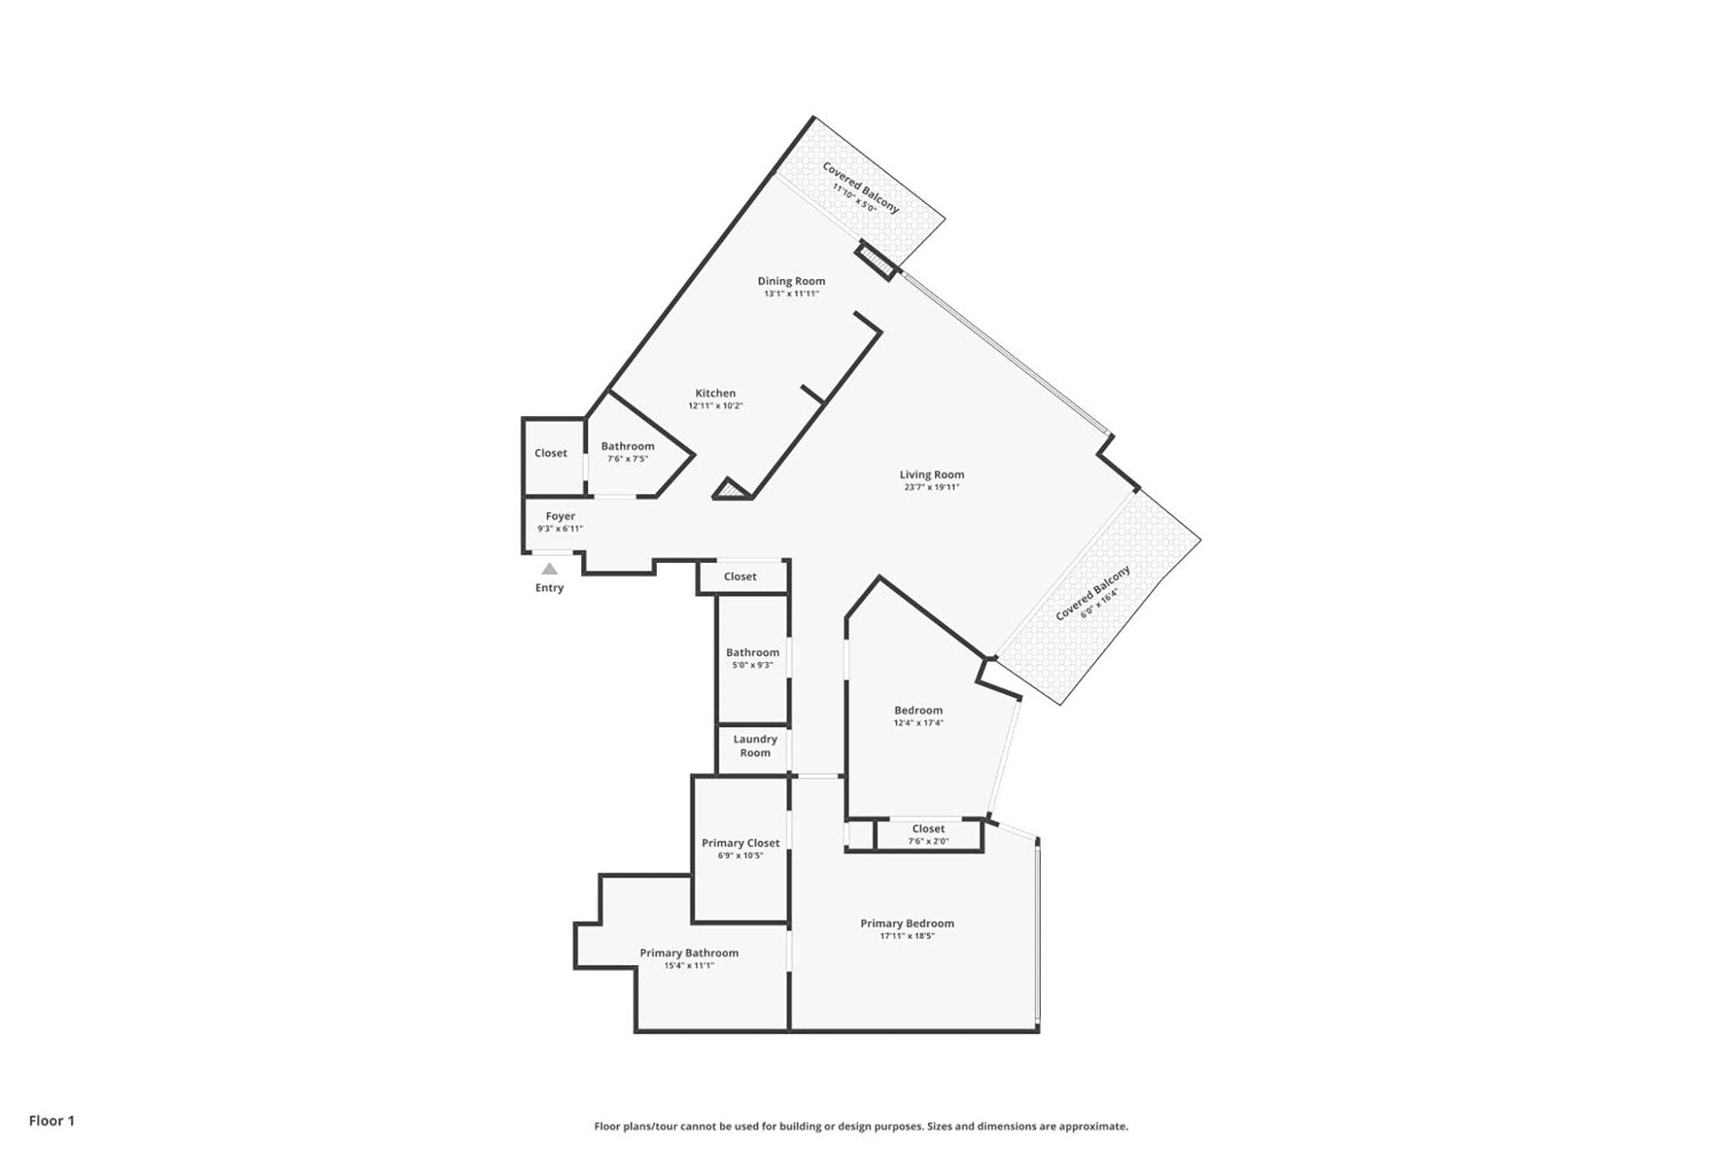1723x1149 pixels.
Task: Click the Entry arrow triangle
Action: [x=549, y=569]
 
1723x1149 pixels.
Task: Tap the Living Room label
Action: [x=931, y=474]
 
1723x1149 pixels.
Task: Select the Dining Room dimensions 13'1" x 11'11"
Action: [x=791, y=294]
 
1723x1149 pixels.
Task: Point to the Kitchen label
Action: [x=715, y=393]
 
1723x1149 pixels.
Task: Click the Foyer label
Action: [x=560, y=516]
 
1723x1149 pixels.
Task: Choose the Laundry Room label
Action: [x=755, y=746]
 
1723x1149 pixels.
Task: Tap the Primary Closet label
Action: [x=740, y=843]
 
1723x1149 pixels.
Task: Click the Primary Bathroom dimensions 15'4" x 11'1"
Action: [x=689, y=966]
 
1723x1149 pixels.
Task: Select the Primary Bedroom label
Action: [x=907, y=923]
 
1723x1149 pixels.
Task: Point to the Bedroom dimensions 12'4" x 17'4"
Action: [x=919, y=723]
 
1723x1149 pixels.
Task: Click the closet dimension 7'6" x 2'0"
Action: [x=928, y=841]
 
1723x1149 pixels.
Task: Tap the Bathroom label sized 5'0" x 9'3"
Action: [x=753, y=652]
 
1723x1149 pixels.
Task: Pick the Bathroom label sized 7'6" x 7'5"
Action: [x=627, y=446]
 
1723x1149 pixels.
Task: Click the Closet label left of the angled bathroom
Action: [x=551, y=453]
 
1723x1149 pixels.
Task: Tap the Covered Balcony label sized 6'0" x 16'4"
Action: [x=1093, y=593]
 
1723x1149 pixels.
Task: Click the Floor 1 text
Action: [x=52, y=1121]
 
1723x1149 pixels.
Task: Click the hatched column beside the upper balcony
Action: [x=874, y=260]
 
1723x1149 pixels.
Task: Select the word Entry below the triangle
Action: [x=549, y=587]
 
